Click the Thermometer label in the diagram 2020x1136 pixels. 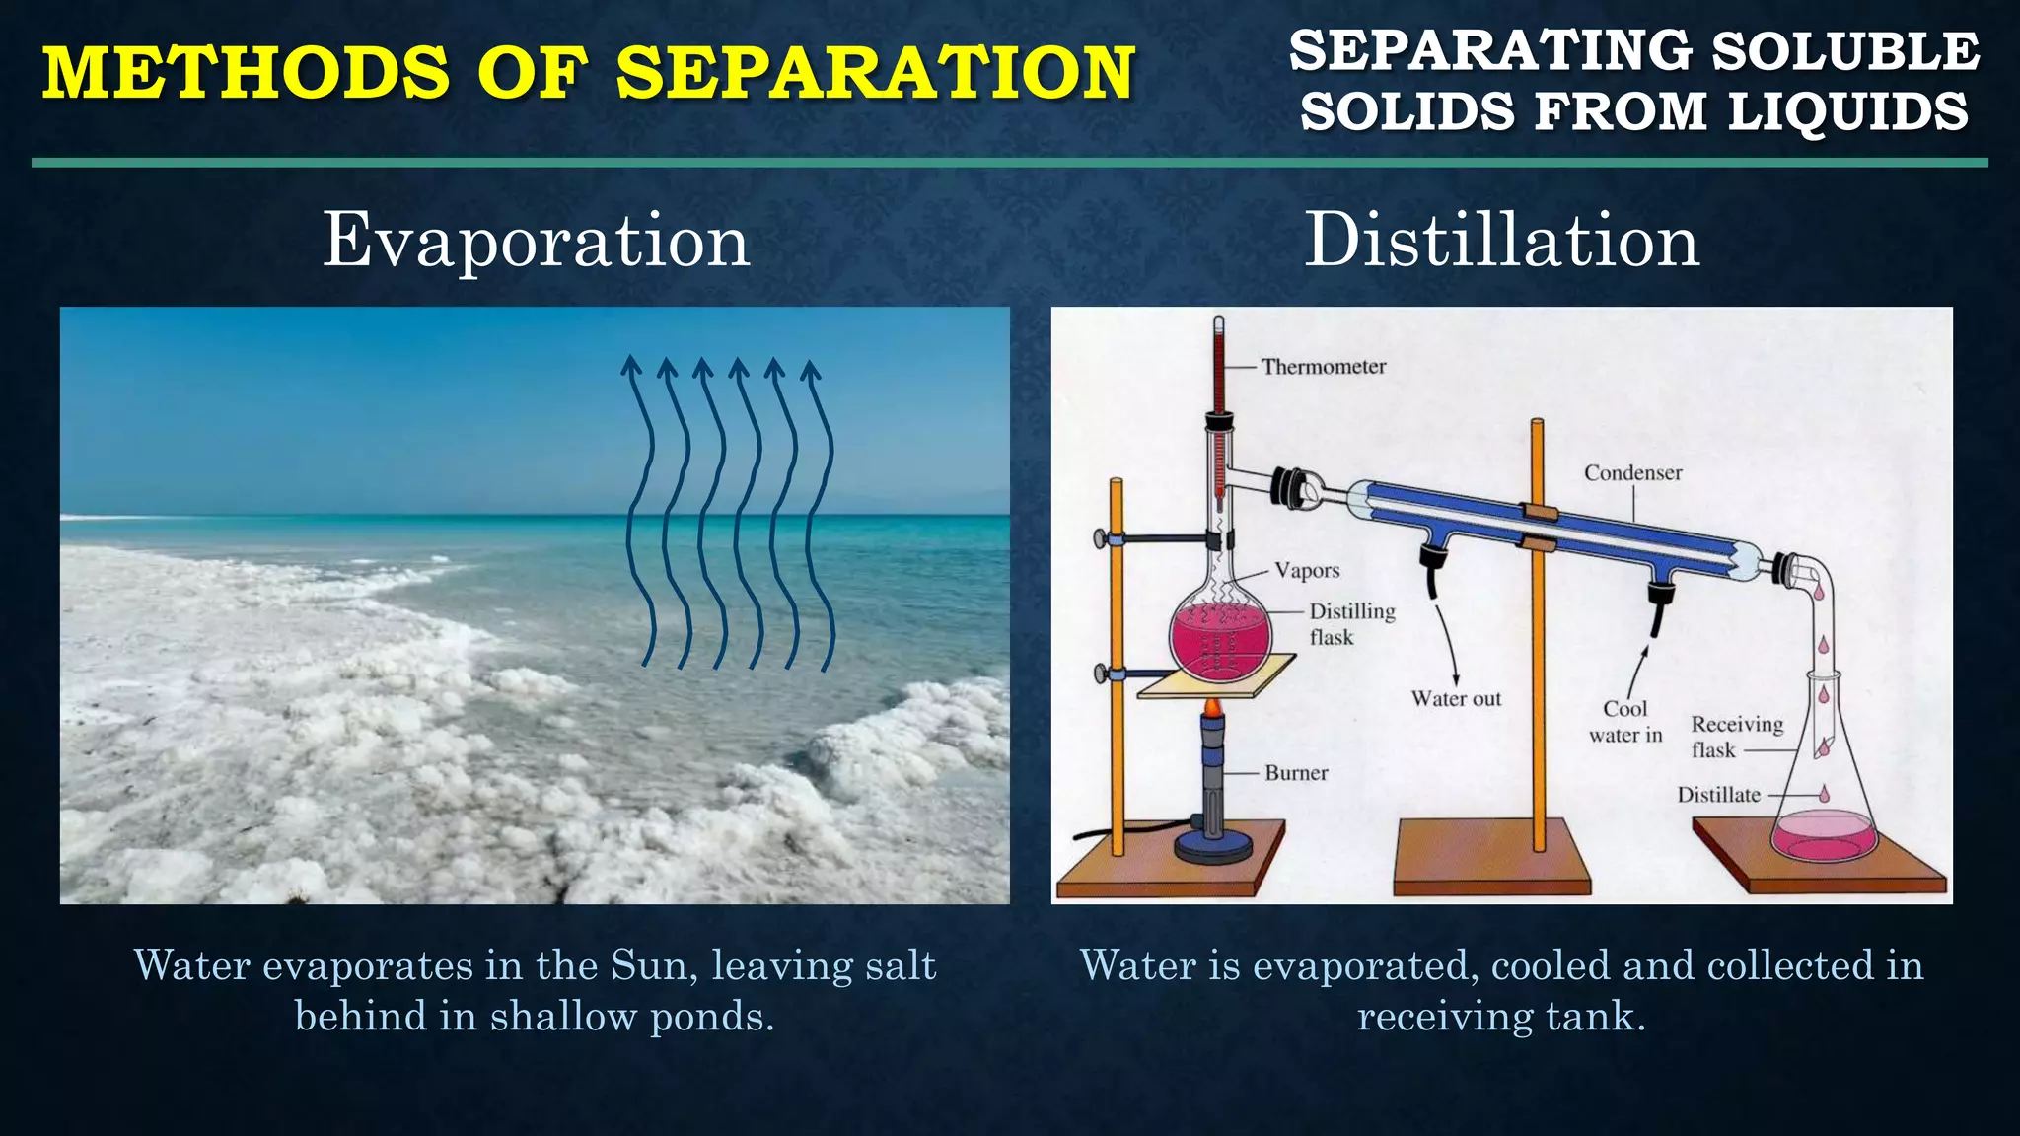[x=1323, y=367]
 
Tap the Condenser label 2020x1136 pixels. [x=1632, y=473]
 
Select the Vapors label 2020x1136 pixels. [x=1307, y=571]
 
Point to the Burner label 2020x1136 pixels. [x=1296, y=773]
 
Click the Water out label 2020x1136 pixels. [x=1456, y=699]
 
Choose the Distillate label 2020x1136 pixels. [x=1718, y=795]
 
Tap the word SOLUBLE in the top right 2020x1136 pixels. [x=1844, y=51]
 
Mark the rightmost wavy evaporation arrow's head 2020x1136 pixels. [x=810, y=370]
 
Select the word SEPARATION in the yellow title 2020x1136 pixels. [x=875, y=73]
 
